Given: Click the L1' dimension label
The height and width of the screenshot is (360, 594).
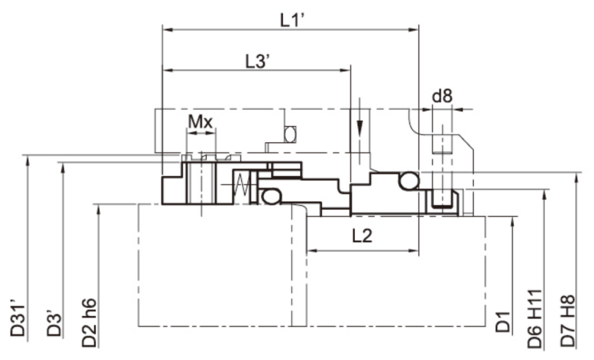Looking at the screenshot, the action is tap(293, 20).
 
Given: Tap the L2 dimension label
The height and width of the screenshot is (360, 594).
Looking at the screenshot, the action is tap(362, 236).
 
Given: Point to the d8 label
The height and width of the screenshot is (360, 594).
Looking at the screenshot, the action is tap(442, 96).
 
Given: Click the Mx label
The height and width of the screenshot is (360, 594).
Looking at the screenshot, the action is tap(200, 122).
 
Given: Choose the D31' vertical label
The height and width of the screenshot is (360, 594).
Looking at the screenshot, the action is tap(18, 320).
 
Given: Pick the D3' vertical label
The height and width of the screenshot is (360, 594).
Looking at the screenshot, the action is tap(54, 324).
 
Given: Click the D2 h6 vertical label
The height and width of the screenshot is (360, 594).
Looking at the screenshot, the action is tap(89, 323).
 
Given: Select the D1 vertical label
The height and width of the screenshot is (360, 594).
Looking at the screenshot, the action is tap(504, 321).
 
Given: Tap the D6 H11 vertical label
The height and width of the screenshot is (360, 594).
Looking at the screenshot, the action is tap(535, 319).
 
